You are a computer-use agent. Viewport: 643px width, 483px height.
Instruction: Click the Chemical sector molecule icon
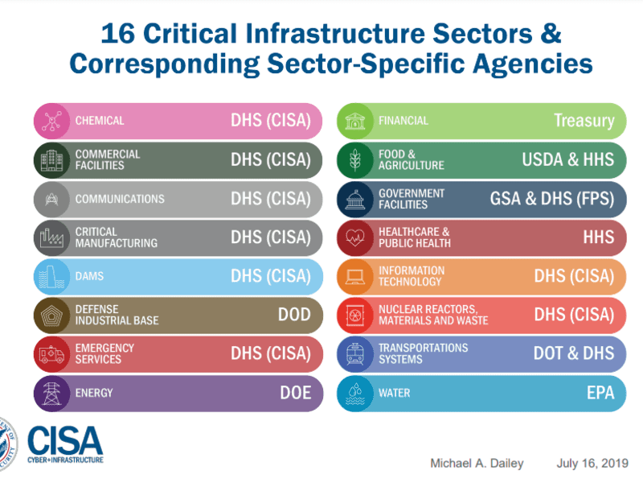[x=51, y=122]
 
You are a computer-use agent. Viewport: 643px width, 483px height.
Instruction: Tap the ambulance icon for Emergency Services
[x=51, y=354]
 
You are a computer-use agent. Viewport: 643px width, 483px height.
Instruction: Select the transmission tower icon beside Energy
[x=51, y=394]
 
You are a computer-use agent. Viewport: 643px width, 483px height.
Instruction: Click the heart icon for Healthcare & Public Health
[x=354, y=237]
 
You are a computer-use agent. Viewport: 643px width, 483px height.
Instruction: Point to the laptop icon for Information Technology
[x=354, y=277]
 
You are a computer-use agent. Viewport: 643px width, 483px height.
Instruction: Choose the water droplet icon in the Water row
[x=354, y=394]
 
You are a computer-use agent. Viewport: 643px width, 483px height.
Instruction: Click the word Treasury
[x=584, y=121]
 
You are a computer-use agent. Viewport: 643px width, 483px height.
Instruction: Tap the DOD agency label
[x=294, y=315]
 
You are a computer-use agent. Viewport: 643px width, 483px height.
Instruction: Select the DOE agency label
[x=295, y=393]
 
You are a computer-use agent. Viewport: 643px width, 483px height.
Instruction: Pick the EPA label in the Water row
[x=600, y=393]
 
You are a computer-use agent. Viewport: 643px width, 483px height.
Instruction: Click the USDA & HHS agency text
[x=568, y=159]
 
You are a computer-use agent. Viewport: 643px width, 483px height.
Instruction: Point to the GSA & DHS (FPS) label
[x=552, y=199]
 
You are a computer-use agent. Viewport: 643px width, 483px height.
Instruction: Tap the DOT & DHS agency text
[x=574, y=353]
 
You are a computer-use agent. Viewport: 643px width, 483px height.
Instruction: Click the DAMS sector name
[x=89, y=276]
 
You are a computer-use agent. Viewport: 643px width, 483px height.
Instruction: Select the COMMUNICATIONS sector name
[x=120, y=199]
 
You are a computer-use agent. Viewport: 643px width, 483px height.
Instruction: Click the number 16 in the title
[x=117, y=33]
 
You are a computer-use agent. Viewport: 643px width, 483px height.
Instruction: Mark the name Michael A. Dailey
[x=477, y=464]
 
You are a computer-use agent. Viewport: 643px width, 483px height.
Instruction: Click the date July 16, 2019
[x=592, y=464]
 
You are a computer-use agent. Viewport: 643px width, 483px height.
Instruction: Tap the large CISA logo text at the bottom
[x=65, y=440]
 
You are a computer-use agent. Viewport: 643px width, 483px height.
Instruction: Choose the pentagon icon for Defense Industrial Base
[x=51, y=316]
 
